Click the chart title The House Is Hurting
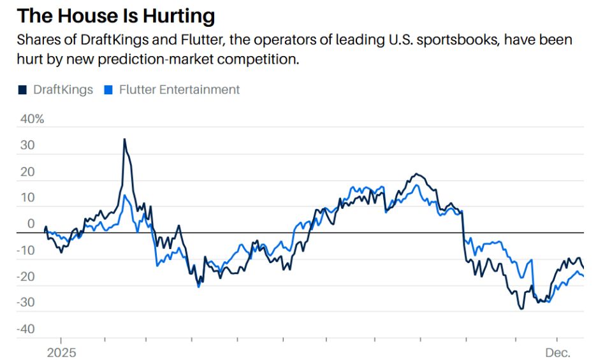(115, 15)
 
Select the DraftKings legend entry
(63, 90)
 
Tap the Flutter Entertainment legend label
(179, 90)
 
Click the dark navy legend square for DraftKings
(22, 90)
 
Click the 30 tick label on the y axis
(27, 145)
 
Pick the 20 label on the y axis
(27, 171)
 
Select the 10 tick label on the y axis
(27, 198)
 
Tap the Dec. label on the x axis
(557, 352)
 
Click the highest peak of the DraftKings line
(124, 139)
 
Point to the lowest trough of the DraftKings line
(521, 309)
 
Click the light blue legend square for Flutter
(107, 90)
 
